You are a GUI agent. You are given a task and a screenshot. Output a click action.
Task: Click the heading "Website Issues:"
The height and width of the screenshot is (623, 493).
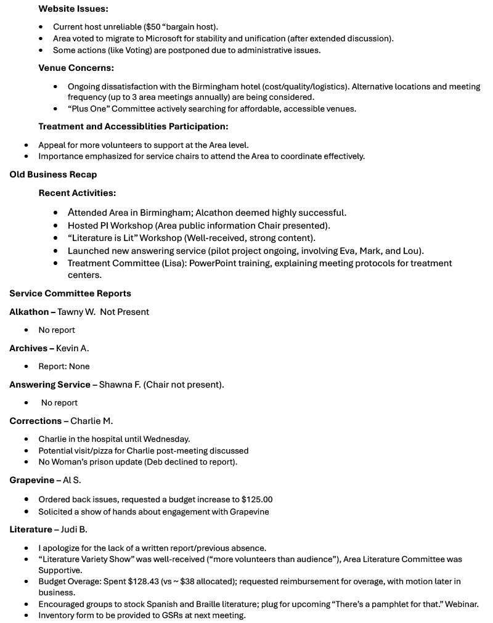[73, 9]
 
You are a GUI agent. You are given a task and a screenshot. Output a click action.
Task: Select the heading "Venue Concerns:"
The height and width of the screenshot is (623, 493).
[76, 68]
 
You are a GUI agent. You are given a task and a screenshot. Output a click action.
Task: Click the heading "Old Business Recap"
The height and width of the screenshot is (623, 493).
[53, 175]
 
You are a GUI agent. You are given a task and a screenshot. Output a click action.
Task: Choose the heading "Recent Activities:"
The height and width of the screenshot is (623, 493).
[77, 193]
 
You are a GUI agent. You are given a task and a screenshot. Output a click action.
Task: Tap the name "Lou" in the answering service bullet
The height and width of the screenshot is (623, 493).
[412, 251]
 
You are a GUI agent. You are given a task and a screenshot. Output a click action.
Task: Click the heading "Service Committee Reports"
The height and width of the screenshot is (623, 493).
[70, 293]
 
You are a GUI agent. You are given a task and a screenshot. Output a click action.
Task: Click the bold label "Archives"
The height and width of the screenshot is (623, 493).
[28, 348]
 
